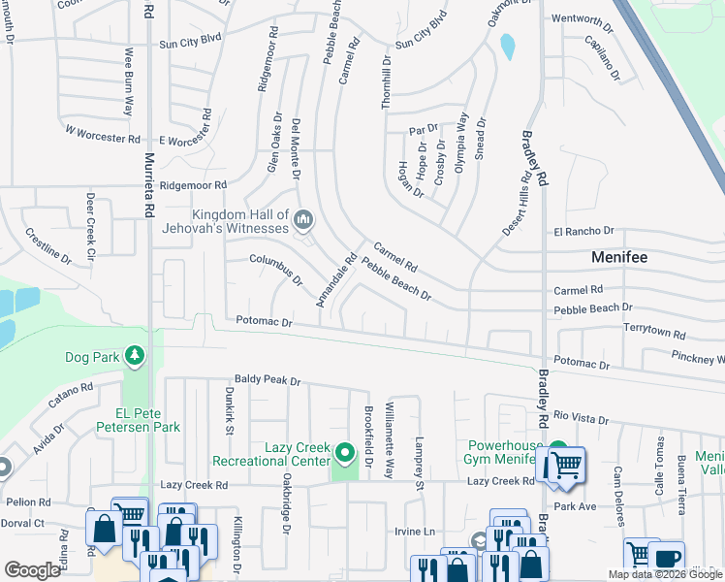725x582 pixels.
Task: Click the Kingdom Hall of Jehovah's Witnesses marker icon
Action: click(x=304, y=222)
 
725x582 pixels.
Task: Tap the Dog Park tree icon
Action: click(x=134, y=358)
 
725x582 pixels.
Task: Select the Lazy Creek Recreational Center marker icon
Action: click(x=344, y=453)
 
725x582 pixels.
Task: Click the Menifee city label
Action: click(x=619, y=258)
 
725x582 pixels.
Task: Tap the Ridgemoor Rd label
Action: click(x=193, y=184)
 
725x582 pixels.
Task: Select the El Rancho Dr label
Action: click(x=584, y=231)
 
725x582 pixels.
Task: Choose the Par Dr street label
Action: click(x=424, y=129)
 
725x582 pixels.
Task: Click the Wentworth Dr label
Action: click(x=583, y=19)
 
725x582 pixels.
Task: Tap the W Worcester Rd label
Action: click(x=103, y=130)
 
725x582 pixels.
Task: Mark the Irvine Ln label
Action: click(x=414, y=532)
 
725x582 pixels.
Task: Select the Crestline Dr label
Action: click(x=48, y=246)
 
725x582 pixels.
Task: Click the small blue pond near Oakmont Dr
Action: click(x=507, y=46)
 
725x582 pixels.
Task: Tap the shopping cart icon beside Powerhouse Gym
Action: click(x=565, y=465)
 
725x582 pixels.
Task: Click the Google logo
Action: click(x=32, y=570)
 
